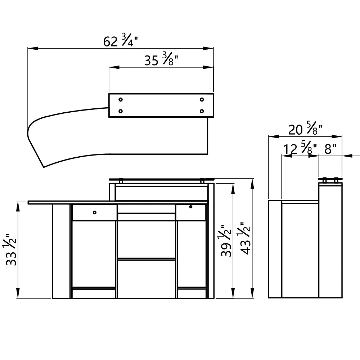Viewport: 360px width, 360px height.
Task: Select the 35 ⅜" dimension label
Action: (x=161, y=59)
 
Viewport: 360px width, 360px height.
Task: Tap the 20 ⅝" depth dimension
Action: (x=305, y=129)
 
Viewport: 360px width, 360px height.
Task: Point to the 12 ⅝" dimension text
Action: (x=300, y=149)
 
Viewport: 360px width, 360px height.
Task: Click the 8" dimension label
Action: (x=330, y=149)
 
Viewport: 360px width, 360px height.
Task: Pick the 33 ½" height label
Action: (x=11, y=250)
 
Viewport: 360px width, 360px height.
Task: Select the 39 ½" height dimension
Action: (x=226, y=240)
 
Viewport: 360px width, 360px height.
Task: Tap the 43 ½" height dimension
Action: (x=246, y=238)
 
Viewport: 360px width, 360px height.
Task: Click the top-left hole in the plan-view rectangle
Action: (x=121, y=99)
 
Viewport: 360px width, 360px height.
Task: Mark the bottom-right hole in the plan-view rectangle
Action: (x=202, y=111)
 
